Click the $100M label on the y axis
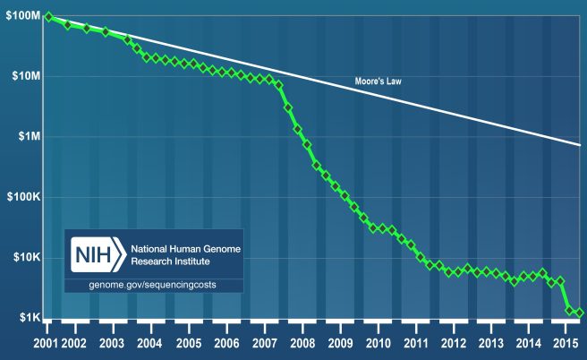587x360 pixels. tap(20, 17)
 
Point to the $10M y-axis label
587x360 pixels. tap(21, 77)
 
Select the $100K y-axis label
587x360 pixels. tap(20, 197)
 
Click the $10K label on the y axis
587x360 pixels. tap(21, 258)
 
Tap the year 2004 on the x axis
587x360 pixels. tap(149, 344)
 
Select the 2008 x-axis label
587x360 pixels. tap(302, 344)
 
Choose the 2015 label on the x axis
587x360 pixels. tap(564, 344)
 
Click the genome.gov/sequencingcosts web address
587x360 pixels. tap(153, 284)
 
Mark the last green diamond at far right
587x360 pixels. tap(579, 313)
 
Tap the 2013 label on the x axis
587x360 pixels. tap(491, 344)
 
